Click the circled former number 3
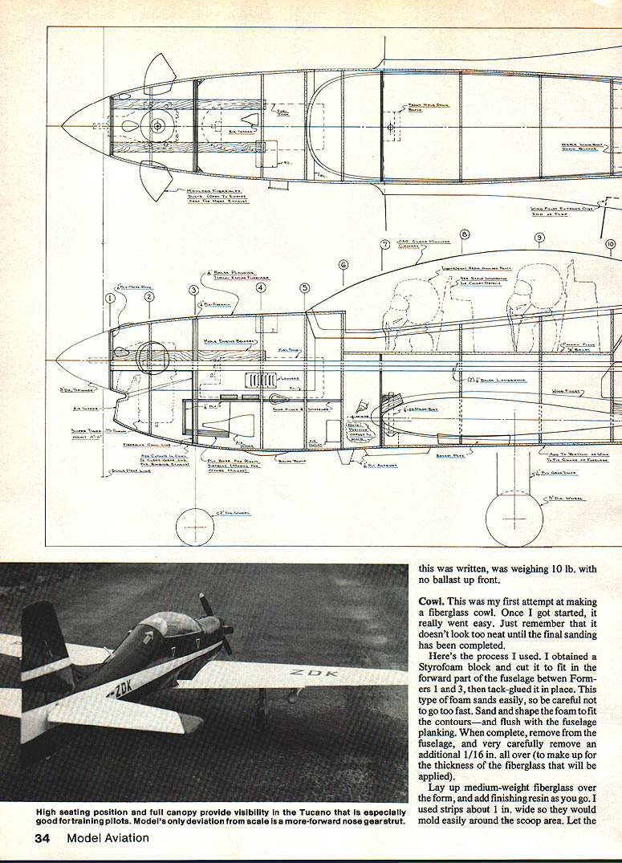[x=193, y=290]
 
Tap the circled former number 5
[x=304, y=287]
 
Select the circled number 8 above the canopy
[x=465, y=235]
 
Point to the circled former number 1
[x=111, y=299]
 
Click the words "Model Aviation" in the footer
[x=108, y=838]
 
